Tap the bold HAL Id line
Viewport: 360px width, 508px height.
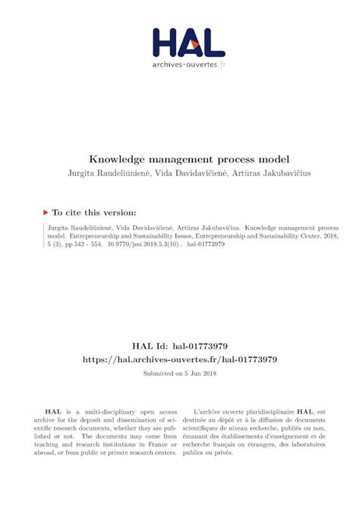point(179,342)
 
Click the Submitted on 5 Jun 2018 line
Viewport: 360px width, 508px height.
point(179,374)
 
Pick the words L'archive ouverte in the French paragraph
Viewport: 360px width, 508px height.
point(218,408)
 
